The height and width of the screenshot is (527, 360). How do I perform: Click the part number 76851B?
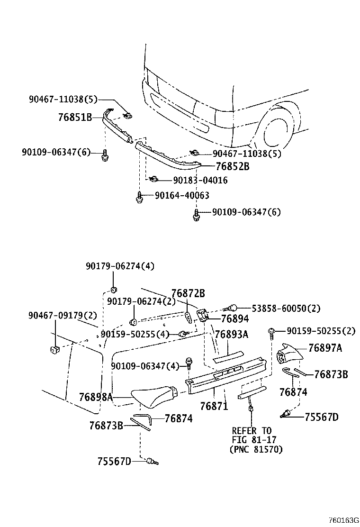(75, 117)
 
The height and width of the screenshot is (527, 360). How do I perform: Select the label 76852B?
(232, 166)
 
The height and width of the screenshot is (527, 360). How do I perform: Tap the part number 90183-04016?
(200, 181)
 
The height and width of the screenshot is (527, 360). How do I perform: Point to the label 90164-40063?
(181, 195)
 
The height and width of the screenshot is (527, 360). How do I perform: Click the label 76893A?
(231, 335)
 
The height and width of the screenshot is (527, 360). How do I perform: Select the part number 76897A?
(325, 348)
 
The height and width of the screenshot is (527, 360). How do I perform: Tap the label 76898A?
(96, 397)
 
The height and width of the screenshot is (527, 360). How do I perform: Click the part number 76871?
(214, 406)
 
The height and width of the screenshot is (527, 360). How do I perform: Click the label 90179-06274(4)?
(120, 267)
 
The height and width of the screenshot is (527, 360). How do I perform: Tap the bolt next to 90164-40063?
(139, 197)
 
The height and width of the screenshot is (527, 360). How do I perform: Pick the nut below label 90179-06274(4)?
(114, 290)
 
